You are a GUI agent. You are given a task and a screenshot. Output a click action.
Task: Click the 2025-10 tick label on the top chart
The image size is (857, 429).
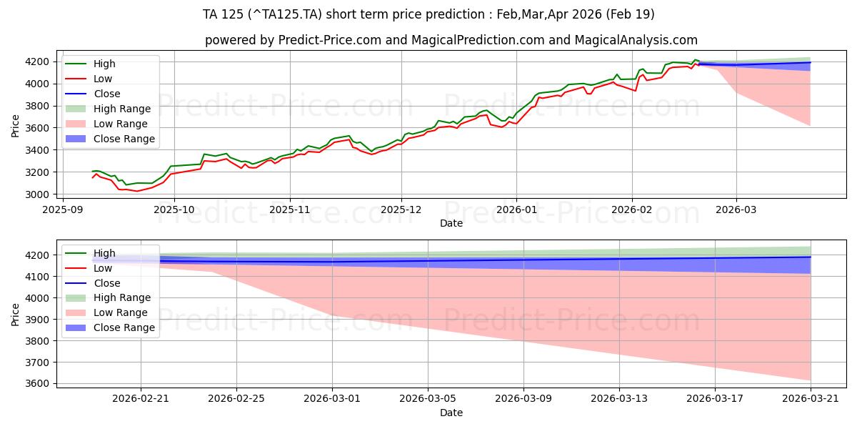click(x=174, y=210)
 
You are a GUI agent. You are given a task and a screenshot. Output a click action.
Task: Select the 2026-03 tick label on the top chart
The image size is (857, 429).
click(x=736, y=210)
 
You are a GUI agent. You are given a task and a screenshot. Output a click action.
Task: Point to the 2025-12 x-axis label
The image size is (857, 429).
click(x=401, y=210)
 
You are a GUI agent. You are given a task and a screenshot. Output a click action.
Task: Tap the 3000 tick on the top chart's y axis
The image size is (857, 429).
click(x=37, y=194)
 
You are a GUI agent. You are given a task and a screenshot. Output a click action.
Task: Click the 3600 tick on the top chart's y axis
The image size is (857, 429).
click(x=37, y=128)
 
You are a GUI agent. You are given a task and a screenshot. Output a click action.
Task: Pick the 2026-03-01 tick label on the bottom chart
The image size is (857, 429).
click(x=332, y=399)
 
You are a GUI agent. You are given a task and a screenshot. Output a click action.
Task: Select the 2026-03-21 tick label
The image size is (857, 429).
click(x=811, y=399)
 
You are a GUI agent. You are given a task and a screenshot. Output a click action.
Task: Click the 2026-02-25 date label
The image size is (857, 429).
click(x=236, y=399)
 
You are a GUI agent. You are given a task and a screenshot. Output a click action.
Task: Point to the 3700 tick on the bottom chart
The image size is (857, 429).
click(x=37, y=363)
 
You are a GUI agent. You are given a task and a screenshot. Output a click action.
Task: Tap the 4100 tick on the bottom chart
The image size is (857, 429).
click(x=37, y=277)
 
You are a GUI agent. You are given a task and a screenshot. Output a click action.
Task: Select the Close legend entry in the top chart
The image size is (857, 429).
click(x=93, y=94)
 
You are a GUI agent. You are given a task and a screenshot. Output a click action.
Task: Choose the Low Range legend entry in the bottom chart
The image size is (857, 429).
click(x=106, y=312)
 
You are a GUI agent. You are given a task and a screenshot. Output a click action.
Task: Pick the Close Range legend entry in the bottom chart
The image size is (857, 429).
click(x=110, y=327)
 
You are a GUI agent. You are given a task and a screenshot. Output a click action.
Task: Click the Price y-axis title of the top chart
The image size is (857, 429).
click(x=15, y=126)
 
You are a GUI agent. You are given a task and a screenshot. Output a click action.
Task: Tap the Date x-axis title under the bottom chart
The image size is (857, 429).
click(x=451, y=413)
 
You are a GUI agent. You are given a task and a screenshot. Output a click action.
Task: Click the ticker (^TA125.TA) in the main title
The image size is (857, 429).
click(x=285, y=14)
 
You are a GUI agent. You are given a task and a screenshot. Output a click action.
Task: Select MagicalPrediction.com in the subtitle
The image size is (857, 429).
click(x=478, y=40)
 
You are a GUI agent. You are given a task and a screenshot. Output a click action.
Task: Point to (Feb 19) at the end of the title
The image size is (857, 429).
click(x=631, y=14)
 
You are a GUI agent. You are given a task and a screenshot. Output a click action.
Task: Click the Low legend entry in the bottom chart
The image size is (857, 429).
click(x=89, y=268)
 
